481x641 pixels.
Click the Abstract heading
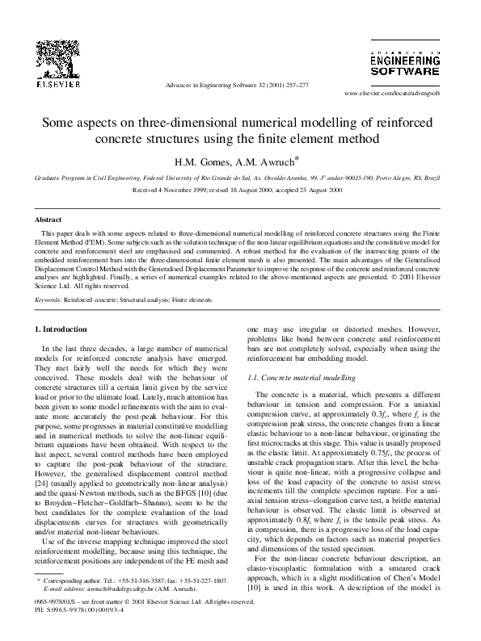49,219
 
